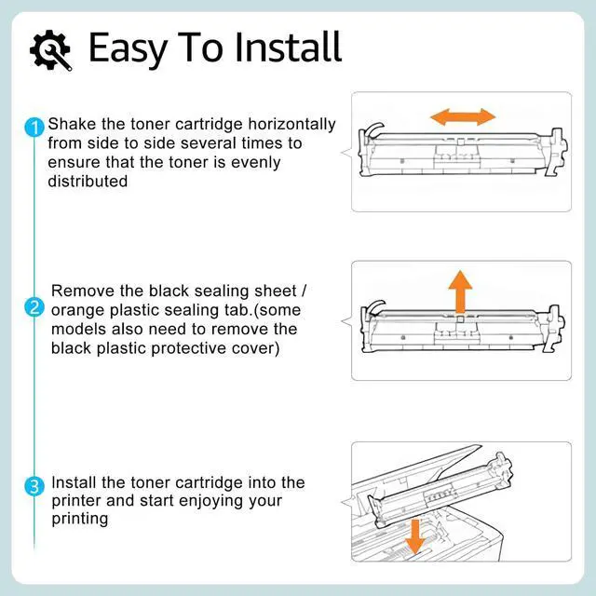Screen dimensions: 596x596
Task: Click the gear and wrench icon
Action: click(50, 49)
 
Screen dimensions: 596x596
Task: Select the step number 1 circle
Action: click(35, 127)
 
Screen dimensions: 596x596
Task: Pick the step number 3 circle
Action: click(35, 485)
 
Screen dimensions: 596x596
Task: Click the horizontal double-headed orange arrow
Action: click(462, 117)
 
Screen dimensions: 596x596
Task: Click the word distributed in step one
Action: click(88, 182)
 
